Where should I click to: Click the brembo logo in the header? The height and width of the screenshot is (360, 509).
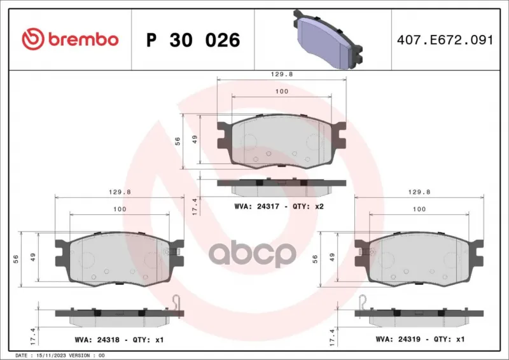tap(70, 39)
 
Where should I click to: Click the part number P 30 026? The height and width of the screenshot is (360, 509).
tap(193, 40)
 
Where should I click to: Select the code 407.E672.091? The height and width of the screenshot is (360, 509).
tap(445, 40)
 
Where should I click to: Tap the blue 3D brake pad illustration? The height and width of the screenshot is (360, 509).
tap(328, 39)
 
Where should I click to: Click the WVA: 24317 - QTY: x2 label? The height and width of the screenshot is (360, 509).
tap(279, 207)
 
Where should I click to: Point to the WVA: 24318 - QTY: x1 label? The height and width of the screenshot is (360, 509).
tap(119, 340)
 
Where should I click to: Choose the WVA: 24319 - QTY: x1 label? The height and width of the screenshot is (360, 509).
tap(420, 339)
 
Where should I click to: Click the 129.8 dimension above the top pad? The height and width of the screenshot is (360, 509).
tap(282, 74)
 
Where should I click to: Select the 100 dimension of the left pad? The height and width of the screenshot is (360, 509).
tap(120, 209)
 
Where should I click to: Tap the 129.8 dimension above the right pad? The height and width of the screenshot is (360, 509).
tap(419, 192)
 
